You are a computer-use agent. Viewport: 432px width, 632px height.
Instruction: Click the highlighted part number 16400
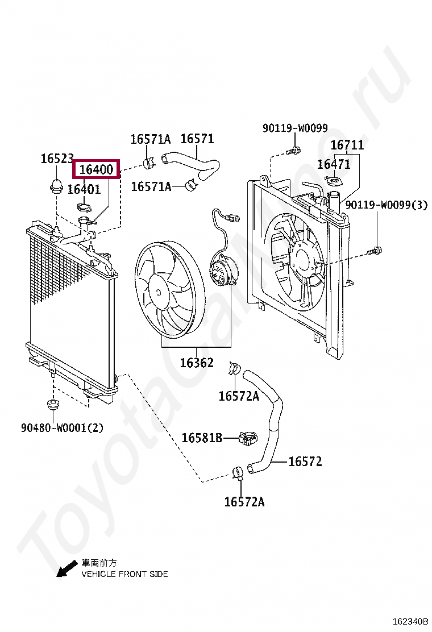coord(96,169)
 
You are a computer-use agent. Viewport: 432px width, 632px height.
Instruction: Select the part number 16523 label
coord(57,159)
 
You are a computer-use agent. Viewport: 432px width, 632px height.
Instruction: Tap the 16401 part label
coord(84,189)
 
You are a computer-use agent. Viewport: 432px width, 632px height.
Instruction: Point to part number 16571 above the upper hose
coord(197,139)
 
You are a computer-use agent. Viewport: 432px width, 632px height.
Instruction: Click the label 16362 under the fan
coord(197,363)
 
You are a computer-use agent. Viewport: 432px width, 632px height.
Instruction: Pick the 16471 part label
coord(334,164)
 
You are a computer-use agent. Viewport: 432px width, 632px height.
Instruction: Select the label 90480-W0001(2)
coord(63,427)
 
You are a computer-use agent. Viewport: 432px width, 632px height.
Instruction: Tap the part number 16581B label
coord(202,438)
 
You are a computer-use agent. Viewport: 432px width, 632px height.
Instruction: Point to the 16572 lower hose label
coord(305,461)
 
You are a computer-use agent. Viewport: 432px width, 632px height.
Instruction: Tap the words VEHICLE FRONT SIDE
coord(124,574)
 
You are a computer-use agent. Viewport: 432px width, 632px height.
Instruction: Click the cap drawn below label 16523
coord(56,185)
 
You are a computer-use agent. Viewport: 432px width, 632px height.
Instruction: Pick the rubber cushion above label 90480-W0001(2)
coord(53,405)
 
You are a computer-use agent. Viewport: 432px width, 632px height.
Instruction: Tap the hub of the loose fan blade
coord(159,291)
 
